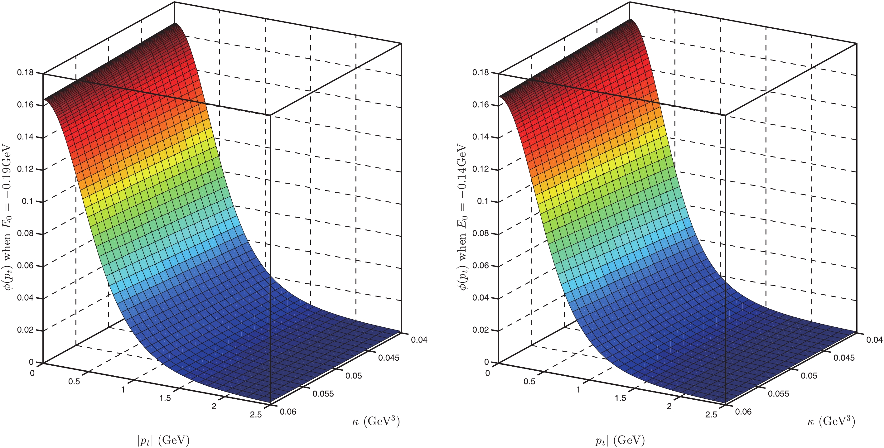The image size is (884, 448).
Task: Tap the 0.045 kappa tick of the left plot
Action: [389, 358]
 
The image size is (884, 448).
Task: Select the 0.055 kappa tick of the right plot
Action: [778, 393]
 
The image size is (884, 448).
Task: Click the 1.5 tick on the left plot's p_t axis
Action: [165, 398]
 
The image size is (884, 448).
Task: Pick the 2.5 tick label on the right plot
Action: [711, 414]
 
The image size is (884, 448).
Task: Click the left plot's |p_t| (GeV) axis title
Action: [163, 440]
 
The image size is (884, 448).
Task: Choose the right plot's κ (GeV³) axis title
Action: [831, 421]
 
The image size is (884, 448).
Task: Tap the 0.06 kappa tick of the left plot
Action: [288, 412]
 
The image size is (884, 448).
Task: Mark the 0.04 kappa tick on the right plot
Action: [874, 340]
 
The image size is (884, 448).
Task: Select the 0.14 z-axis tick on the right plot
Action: [481, 137]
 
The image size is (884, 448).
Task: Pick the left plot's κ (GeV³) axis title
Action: [376, 421]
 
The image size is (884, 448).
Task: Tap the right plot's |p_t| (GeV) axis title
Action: [619, 440]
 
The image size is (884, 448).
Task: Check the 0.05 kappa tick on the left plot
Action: [354, 376]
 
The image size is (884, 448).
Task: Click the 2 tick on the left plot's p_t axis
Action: [214, 406]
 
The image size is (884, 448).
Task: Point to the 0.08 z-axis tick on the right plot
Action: [481, 233]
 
